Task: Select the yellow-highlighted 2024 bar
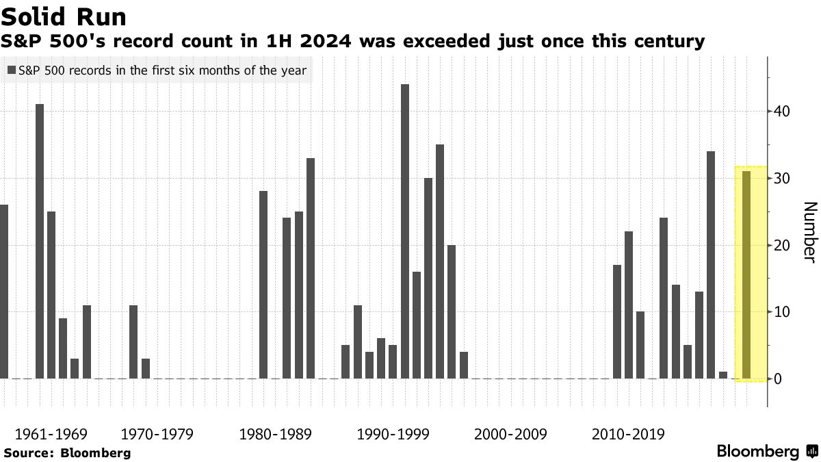pos(746,274)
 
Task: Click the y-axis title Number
pos(809,232)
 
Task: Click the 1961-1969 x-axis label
pos(51,434)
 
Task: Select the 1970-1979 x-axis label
pos(157,434)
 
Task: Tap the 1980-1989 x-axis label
pos(275,434)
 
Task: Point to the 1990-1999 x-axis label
pos(393,434)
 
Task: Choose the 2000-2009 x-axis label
pos(510,434)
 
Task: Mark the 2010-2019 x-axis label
pos(628,434)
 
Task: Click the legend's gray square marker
pos(12,70)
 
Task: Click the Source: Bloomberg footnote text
pos(66,452)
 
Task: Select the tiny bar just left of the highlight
pos(723,375)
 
